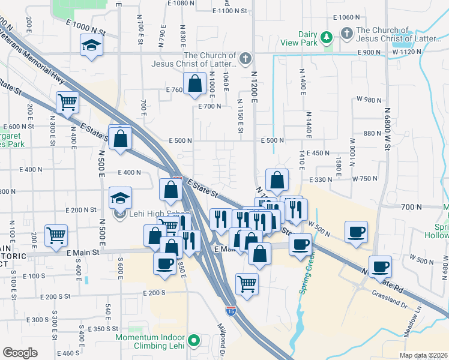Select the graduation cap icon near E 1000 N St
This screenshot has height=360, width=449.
click(x=91, y=46)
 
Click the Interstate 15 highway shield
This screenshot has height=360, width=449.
click(x=231, y=310)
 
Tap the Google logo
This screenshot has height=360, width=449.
click(x=20, y=353)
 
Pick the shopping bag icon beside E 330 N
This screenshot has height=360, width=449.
click(x=277, y=179)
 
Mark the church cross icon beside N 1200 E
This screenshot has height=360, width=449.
click(x=244, y=59)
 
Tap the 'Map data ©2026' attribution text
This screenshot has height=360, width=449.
click(x=423, y=356)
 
